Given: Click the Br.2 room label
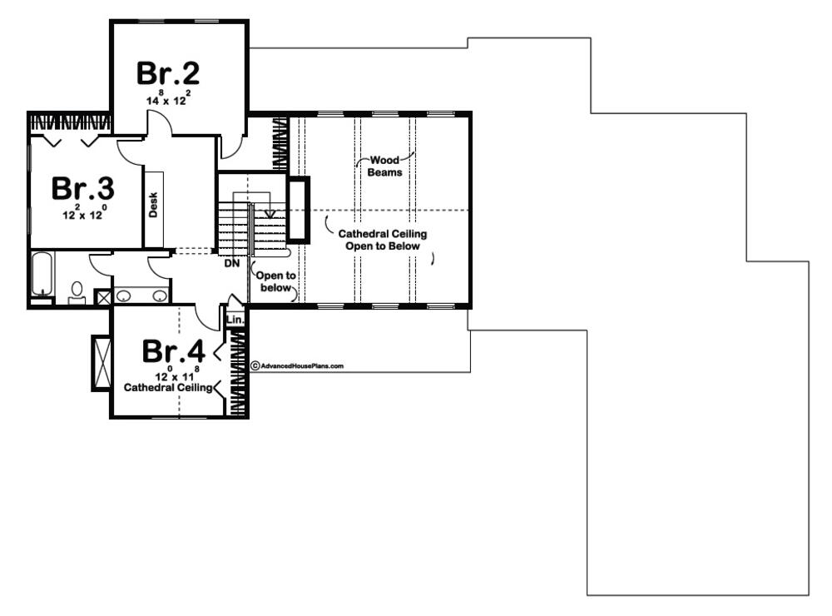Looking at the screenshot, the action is [x=168, y=73].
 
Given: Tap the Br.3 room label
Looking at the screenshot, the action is [x=82, y=188].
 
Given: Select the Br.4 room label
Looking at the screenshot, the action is [x=174, y=351].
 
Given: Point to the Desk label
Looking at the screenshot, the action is [x=153, y=205].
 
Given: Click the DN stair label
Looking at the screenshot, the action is [x=232, y=263].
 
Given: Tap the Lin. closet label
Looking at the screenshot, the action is [x=235, y=320].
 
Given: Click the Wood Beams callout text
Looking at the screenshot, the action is [x=384, y=166].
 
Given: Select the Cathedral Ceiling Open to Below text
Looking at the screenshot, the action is [x=383, y=240].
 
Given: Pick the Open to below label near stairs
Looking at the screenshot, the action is [x=276, y=281].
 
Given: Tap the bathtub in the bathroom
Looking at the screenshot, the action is [x=42, y=274].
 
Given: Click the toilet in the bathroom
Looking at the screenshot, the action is [x=77, y=293].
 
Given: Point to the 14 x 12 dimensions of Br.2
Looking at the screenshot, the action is [x=166, y=98].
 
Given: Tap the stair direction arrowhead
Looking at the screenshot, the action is [x=270, y=214].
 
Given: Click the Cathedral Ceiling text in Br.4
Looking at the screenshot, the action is [x=168, y=388].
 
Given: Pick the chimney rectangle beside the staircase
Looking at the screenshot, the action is [x=298, y=210].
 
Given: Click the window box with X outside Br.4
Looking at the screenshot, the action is [x=102, y=363].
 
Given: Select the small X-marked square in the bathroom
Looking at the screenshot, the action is [x=102, y=297].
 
